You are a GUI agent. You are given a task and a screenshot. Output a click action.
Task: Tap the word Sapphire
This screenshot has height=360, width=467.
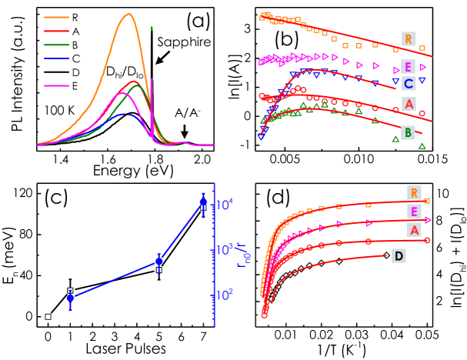click(183, 44)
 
